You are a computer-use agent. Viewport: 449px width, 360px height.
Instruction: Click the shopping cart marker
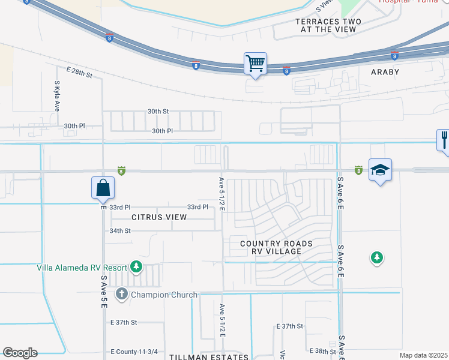point(256,64)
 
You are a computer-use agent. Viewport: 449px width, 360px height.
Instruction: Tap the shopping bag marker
point(103,188)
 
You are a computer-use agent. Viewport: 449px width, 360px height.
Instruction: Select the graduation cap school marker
point(381,170)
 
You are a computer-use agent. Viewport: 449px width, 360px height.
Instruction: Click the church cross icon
point(122,294)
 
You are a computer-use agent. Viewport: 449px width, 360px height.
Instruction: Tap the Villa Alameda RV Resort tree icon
point(137,266)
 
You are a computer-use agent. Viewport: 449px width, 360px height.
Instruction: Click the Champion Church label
point(164,295)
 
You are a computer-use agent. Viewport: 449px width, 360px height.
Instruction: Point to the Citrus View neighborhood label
point(155,217)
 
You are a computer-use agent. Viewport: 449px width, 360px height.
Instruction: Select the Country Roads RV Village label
point(276,247)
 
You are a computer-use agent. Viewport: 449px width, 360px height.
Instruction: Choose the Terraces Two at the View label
point(328,25)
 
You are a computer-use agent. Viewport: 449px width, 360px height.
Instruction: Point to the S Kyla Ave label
point(57,97)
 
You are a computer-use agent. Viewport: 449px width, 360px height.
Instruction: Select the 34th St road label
point(120,230)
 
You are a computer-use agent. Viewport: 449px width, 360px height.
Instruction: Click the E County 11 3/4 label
point(134,352)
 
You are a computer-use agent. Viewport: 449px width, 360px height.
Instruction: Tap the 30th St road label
point(158,111)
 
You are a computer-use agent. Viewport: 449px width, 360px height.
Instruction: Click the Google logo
point(20,353)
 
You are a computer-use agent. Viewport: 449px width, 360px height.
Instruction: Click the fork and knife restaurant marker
point(444,141)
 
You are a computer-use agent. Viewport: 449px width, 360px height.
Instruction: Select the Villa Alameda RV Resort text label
point(82,268)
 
